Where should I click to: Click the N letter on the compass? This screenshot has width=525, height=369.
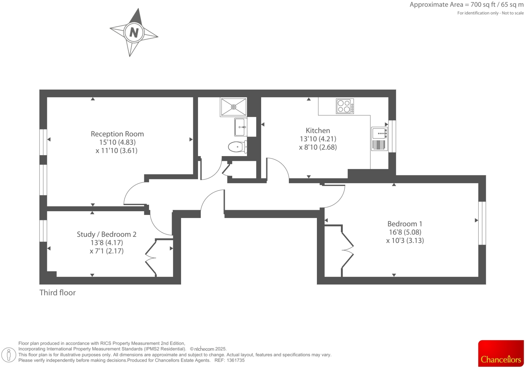[x=134, y=32]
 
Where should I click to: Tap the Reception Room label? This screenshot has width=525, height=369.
[x=117, y=134]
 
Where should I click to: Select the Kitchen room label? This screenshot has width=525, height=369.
[x=318, y=130]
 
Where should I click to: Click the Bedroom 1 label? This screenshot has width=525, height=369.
[x=404, y=224]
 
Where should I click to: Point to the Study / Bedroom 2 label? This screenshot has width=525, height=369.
[x=106, y=234]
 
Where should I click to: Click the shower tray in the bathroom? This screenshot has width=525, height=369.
[x=233, y=107]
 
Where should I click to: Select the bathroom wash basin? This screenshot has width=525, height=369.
[x=241, y=127]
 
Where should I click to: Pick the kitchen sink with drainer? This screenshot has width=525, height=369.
[x=379, y=139]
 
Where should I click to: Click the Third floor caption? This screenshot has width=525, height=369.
[x=57, y=293]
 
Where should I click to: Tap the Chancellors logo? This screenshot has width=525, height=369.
[x=501, y=353]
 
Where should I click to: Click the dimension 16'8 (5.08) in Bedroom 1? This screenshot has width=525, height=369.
[x=405, y=232]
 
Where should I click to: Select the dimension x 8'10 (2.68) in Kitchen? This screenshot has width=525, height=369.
[x=318, y=147]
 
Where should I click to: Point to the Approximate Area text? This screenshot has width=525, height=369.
[x=466, y=5]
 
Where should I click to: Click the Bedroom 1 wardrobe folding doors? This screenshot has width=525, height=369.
[x=347, y=250]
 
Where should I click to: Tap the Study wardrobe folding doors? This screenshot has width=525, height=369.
[x=151, y=258]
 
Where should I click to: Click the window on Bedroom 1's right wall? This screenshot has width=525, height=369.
[x=482, y=223]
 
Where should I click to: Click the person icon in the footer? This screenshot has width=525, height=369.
[x=9, y=355]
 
